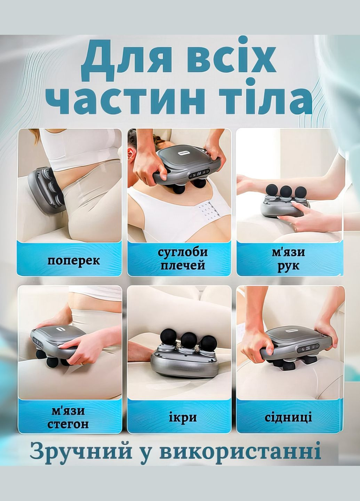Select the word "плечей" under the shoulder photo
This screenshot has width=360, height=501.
pos(182,266)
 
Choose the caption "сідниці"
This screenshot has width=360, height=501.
pos(288,417)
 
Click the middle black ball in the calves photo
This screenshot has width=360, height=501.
pos(188,339)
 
